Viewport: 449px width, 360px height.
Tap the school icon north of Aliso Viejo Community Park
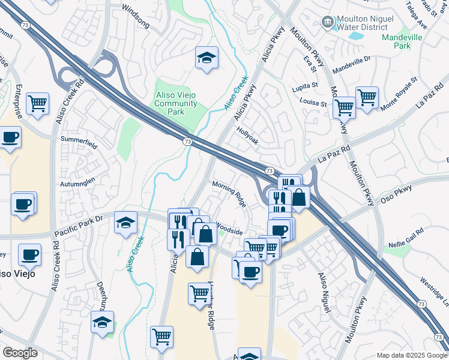tap(206, 58)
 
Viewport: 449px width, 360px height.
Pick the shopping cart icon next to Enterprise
tap(38, 104)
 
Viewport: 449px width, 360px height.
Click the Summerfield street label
tap(78, 139)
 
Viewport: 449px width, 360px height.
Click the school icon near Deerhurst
tap(103, 322)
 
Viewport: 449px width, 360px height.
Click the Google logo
tap(20, 353)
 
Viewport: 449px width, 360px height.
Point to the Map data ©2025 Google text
tap(411, 355)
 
